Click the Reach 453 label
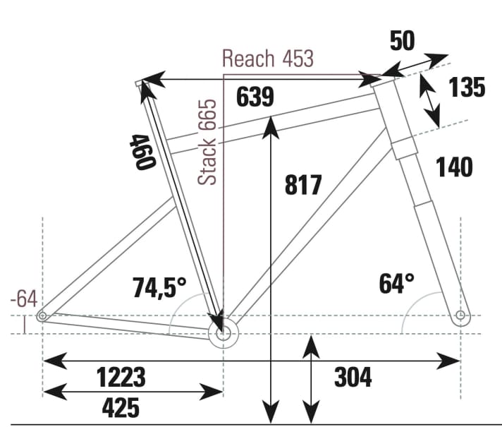pyautogui.click(x=268, y=58)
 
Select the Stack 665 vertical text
pyautogui.click(x=208, y=142)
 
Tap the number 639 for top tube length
pyautogui.click(x=255, y=97)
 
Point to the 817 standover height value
pyautogui.click(x=303, y=185)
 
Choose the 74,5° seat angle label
pyautogui.click(x=159, y=287)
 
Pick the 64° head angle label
pyautogui.click(x=396, y=284)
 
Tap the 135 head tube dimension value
pyautogui.click(x=467, y=88)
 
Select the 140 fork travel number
pyautogui.click(x=454, y=167)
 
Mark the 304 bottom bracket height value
pyautogui.click(x=353, y=377)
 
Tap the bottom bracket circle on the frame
pyautogui.click(x=224, y=335)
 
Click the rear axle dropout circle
pyautogui.click(x=42, y=316)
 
